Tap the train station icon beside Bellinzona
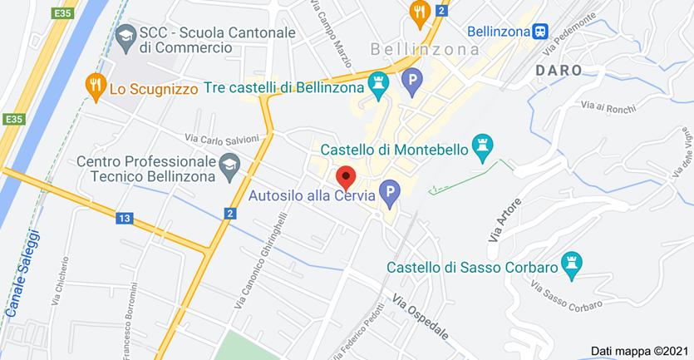click(x=540, y=31)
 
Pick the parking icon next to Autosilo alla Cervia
click(x=387, y=197)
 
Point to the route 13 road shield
click(x=125, y=219)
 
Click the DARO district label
click(x=559, y=71)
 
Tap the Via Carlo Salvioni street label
click(x=222, y=138)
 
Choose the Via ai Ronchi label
click(x=602, y=105)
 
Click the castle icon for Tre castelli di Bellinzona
click(x=380, y=86)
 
